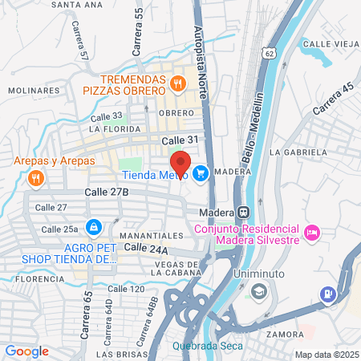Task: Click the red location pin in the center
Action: (x=180, y=164)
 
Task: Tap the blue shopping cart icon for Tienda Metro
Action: (x=200, y=172)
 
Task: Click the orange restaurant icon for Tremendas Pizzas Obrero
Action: (x=178, y=82)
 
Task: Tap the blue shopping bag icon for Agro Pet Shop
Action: (x=95, y=227)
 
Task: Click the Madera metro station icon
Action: (x=241, y=213)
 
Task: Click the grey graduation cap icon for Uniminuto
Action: (x=258, y=290)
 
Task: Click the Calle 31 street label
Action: (x=179, y=140)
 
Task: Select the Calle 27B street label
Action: (x=106, y=193)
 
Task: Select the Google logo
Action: (x=26, y=351)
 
